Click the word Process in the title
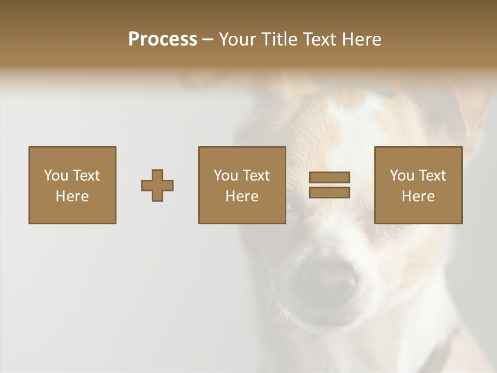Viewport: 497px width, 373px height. (163, 39)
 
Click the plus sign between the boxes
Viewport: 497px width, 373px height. (157, 185)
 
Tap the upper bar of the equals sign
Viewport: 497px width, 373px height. (329, 178)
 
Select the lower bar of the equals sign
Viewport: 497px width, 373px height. (329, 193)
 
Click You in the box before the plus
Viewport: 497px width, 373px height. (56, 176)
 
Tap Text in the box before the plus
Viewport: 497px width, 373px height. (86, 176)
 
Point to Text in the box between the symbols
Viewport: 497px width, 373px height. (256, 176)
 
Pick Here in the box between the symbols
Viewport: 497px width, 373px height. (242, 196)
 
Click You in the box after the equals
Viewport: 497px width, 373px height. (402, 176)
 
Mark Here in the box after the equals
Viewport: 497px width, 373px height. (418, 196)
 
